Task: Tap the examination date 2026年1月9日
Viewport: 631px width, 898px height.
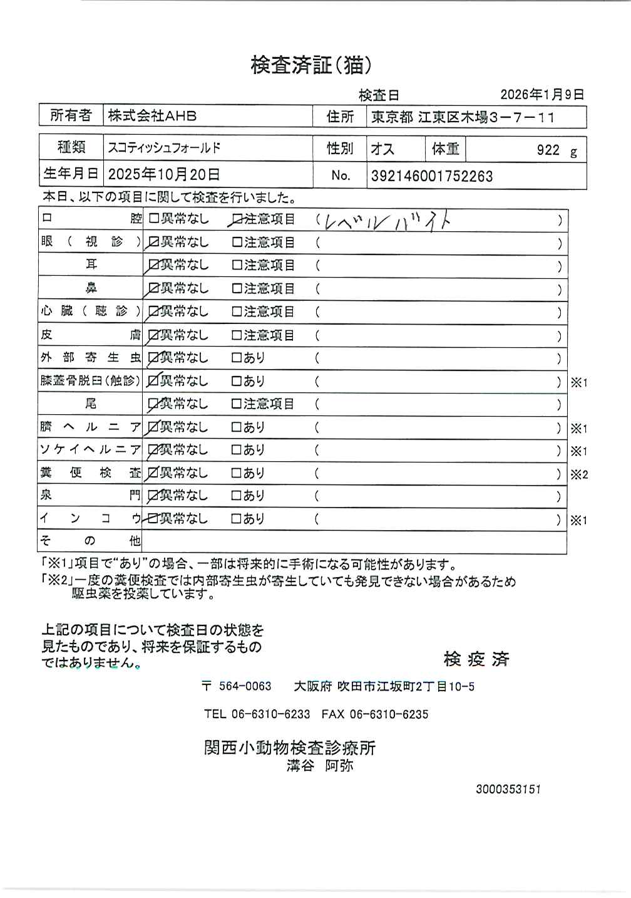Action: tap(541, 95)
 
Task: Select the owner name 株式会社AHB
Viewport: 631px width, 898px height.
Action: tap(152, 116)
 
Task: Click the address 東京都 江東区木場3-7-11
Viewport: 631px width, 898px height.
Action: tap(463, 117)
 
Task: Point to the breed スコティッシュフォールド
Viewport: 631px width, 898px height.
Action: tap(164, 148)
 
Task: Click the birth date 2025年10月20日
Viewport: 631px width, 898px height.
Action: tap(164, 174)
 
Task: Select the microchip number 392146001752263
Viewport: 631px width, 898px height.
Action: tap(432, 176)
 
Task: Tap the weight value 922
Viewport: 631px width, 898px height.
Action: tap(548, 149)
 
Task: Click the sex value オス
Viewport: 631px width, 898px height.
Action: tap(382, 149)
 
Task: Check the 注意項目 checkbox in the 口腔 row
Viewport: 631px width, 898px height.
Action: tap(237, 219)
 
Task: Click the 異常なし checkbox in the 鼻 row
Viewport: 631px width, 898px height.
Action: tap(153, 289)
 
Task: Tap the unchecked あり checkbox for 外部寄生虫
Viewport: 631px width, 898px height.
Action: tap(237, 358)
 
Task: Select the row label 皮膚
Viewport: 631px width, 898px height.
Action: tap(91, 335)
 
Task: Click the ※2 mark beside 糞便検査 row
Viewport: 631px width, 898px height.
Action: tap(579, 474)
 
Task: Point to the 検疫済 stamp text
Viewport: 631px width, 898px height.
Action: tap(476, 659)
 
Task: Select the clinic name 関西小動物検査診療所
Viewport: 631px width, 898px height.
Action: tap(290, 748)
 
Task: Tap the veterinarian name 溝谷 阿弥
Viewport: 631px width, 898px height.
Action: tap(320, 765)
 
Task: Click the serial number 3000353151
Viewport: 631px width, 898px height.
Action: tap(508, 789)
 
